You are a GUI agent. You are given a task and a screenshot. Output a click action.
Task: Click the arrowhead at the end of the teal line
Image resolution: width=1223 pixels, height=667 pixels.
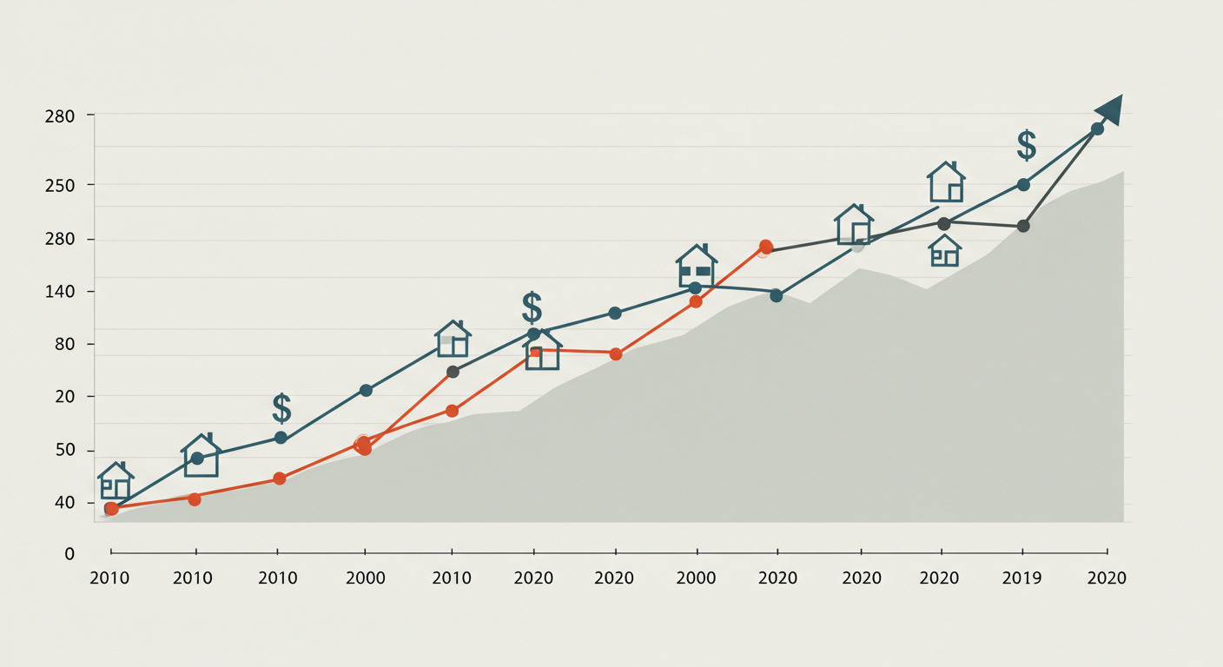click(1110, 109)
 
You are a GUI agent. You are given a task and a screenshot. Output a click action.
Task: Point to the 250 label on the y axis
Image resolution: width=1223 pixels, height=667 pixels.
click(60, 186)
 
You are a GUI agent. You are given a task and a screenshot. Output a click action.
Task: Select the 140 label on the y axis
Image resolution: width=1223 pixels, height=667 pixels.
click(60, 292)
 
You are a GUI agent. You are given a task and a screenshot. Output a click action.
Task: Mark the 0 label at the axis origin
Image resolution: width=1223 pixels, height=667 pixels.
click(69, 553)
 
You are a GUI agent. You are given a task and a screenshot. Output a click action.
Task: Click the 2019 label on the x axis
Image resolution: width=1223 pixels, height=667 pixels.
click(1021, 578)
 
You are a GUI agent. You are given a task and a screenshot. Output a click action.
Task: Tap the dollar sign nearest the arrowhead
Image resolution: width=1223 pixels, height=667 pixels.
click(1026, 145)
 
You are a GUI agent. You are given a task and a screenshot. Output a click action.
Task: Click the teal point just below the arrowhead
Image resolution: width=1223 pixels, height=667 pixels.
click(1097, 129)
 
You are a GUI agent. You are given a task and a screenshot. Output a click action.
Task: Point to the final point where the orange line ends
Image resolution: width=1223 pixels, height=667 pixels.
click(765, 247)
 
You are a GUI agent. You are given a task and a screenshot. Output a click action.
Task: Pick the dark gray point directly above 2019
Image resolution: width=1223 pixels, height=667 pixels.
click(1023, 226)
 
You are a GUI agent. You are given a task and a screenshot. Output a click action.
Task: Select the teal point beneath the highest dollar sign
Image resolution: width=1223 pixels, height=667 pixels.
click(1023, 184)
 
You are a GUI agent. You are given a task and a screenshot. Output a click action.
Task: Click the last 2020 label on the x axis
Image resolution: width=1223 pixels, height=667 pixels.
click(1107, 578)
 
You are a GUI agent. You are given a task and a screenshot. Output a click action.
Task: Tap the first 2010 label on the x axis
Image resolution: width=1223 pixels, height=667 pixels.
click(109, 578)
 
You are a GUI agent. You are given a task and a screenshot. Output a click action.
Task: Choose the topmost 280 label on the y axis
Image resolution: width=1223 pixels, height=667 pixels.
click(60, 116)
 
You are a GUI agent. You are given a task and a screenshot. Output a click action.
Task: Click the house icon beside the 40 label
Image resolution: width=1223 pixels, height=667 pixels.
click(116, 481)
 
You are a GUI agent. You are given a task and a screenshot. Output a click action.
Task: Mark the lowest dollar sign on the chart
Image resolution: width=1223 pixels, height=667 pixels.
click(281, 407)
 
